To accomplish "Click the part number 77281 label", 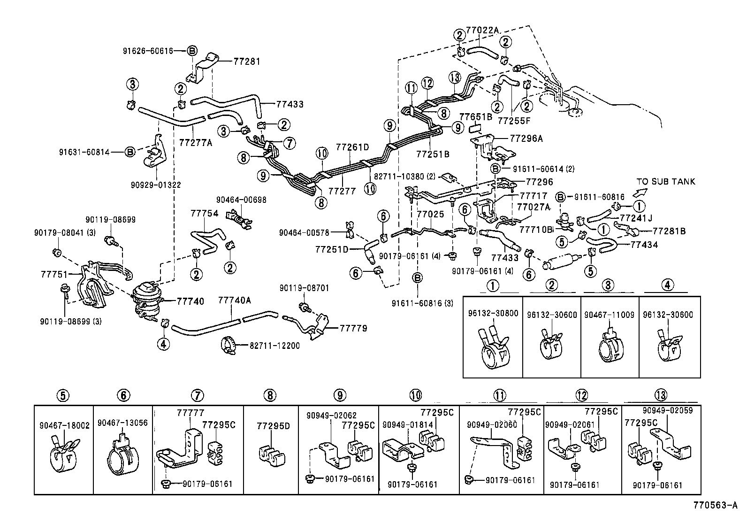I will point(246,62).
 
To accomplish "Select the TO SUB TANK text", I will point(666,182).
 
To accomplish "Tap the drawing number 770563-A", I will point(716,507).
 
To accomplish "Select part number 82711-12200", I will point(274,346).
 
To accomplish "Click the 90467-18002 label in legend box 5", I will point(64,425).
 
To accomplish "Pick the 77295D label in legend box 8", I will point(274,426).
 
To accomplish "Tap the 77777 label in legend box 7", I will point(191,413).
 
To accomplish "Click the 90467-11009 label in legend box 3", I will point(609,315).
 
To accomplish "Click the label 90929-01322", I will point(156,185).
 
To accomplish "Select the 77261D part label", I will point(352,147).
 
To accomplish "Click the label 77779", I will point(354,328).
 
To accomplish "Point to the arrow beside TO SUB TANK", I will point(639,192).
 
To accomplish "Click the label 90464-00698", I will point(241,200).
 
